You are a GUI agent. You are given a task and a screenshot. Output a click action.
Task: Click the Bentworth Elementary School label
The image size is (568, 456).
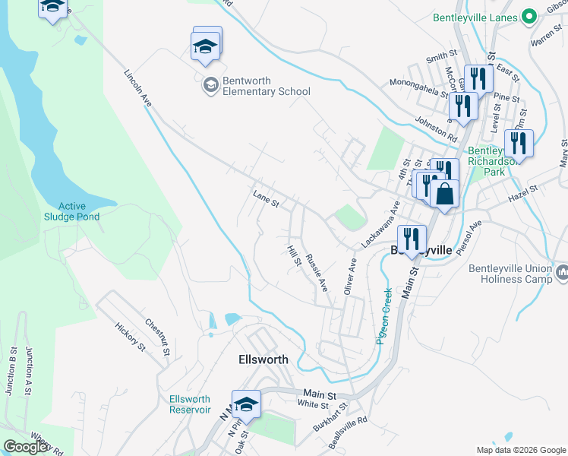(x=266, y=86)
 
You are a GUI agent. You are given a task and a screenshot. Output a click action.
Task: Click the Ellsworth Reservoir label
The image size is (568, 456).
(x=190, y=404)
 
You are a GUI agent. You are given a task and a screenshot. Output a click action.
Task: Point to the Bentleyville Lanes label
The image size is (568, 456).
(x=475, y=17)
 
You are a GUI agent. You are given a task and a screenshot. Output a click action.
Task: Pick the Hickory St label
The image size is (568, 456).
(x=130, y=337)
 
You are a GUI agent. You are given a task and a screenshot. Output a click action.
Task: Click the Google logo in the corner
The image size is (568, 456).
(x=26, y=447)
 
